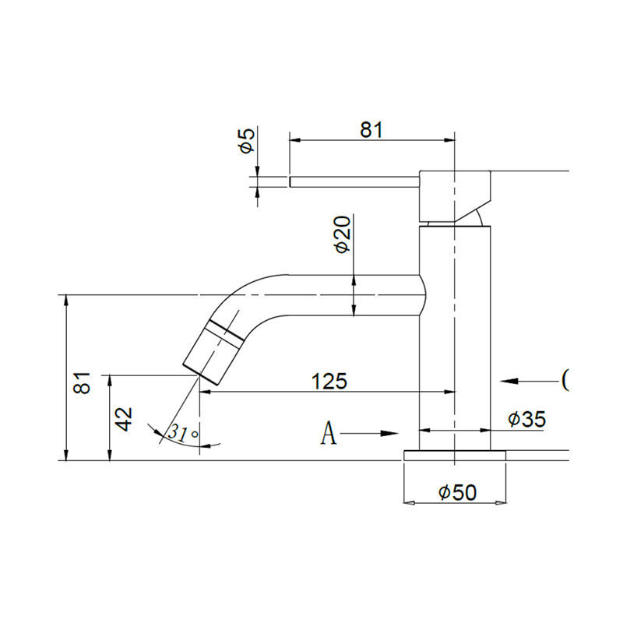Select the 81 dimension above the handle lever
371,130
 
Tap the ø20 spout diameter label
341,235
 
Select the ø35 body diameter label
526,419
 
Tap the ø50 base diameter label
456,492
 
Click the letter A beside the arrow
329,433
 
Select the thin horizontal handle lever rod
354,181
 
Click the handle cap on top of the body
455,195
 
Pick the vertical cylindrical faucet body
455,335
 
